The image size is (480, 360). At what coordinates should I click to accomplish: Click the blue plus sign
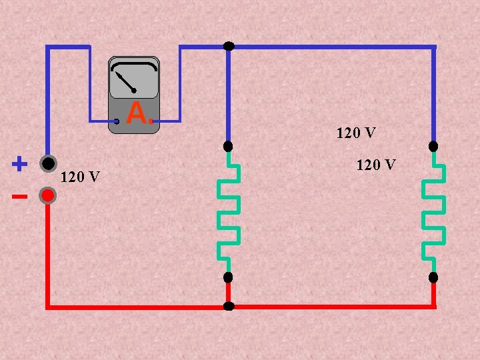point(20,163)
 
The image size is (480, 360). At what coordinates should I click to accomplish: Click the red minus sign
point(19,197)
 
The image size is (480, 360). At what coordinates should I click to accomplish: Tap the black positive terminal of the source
point(47,163)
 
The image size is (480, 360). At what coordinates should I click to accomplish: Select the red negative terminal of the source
point(47,195)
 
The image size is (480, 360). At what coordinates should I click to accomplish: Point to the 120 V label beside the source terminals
point(80,177)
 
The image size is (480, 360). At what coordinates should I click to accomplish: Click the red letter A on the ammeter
point(136,114)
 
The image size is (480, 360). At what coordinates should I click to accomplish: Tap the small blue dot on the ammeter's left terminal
point(117,121)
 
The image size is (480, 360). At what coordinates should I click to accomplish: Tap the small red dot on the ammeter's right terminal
point(152,121)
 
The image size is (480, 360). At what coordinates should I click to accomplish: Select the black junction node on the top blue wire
point(229,46)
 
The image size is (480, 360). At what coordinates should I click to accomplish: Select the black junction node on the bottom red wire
point(229,307)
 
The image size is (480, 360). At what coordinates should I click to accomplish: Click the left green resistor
point(229,212)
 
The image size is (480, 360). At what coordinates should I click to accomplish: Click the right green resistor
point(433,212)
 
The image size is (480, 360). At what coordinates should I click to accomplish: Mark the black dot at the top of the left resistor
point(228,146)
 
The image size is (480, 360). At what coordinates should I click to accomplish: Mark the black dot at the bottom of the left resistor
point(228,277)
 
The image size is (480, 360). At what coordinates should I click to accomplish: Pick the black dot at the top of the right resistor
point(433,146)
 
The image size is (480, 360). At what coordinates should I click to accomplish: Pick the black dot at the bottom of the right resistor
point(433,277)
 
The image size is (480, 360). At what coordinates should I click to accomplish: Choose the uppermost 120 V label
point(356,133)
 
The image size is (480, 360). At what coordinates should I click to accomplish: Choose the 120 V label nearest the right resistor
point(376,164)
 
